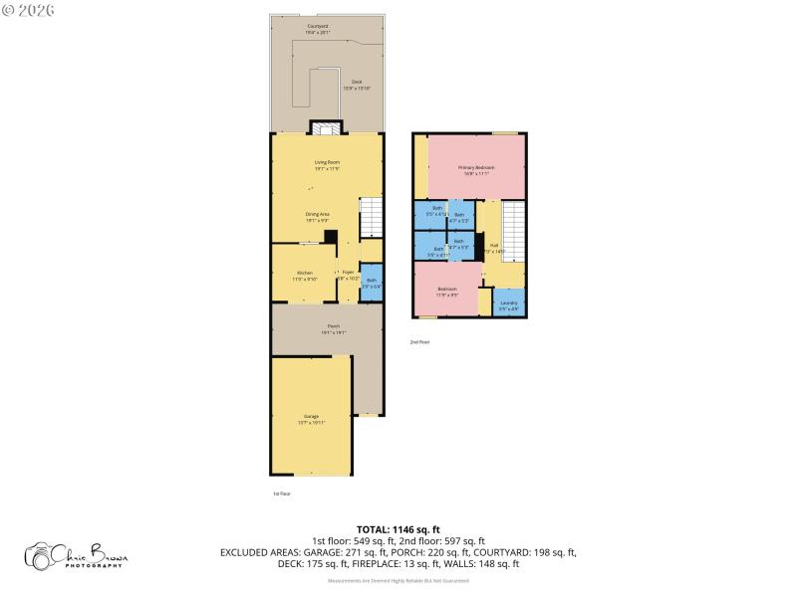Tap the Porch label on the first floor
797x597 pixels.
click(x=333, y=329)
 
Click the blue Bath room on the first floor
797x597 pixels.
click(x=371, y=283)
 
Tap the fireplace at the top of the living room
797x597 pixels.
click(x=326, y=127)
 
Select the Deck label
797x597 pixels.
click(x=356, y=85)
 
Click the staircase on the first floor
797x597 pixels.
click(x=371, y=217)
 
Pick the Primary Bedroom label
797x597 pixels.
click(x=476, y=169)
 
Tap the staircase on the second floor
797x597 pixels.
click(x=512, y=231)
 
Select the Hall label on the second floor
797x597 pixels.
click(x=493, y=248)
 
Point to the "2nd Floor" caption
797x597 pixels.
click(x=419, y=342)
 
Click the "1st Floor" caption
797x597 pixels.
click(x=282, y=494)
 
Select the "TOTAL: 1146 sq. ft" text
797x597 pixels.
click(x=398, y=529)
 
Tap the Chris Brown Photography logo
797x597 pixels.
click(x=78, y=556)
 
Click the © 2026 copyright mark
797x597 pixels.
click(x=29, y=10)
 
